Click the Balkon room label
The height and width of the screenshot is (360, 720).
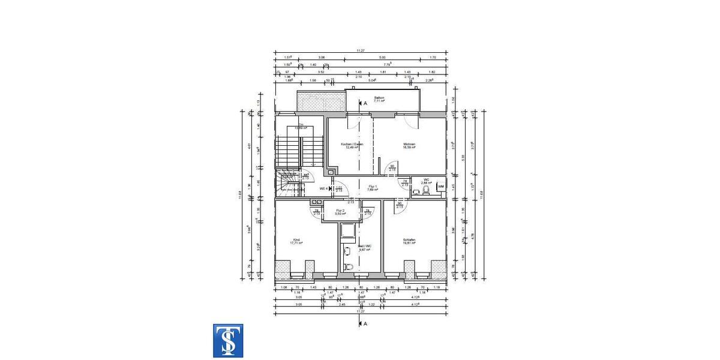379,99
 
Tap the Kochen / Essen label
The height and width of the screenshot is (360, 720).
352,146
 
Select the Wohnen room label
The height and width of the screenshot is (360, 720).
409,146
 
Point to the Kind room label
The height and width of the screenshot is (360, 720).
296,241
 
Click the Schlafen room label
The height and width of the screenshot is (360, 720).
409,241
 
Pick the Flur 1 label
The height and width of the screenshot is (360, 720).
372,188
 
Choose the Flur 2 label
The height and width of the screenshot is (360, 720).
340,212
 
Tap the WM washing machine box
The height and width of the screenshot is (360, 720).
440,187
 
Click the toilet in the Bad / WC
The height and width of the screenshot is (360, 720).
347,265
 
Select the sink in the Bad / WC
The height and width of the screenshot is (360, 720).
347,251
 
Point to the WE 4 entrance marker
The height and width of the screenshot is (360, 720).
324,188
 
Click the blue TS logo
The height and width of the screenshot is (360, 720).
228,341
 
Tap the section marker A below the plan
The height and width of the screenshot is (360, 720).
362,323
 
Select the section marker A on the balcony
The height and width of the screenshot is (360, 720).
362,103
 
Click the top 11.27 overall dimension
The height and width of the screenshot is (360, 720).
360,51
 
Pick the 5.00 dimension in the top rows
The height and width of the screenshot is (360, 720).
382,58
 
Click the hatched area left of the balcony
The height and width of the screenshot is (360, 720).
321,103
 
